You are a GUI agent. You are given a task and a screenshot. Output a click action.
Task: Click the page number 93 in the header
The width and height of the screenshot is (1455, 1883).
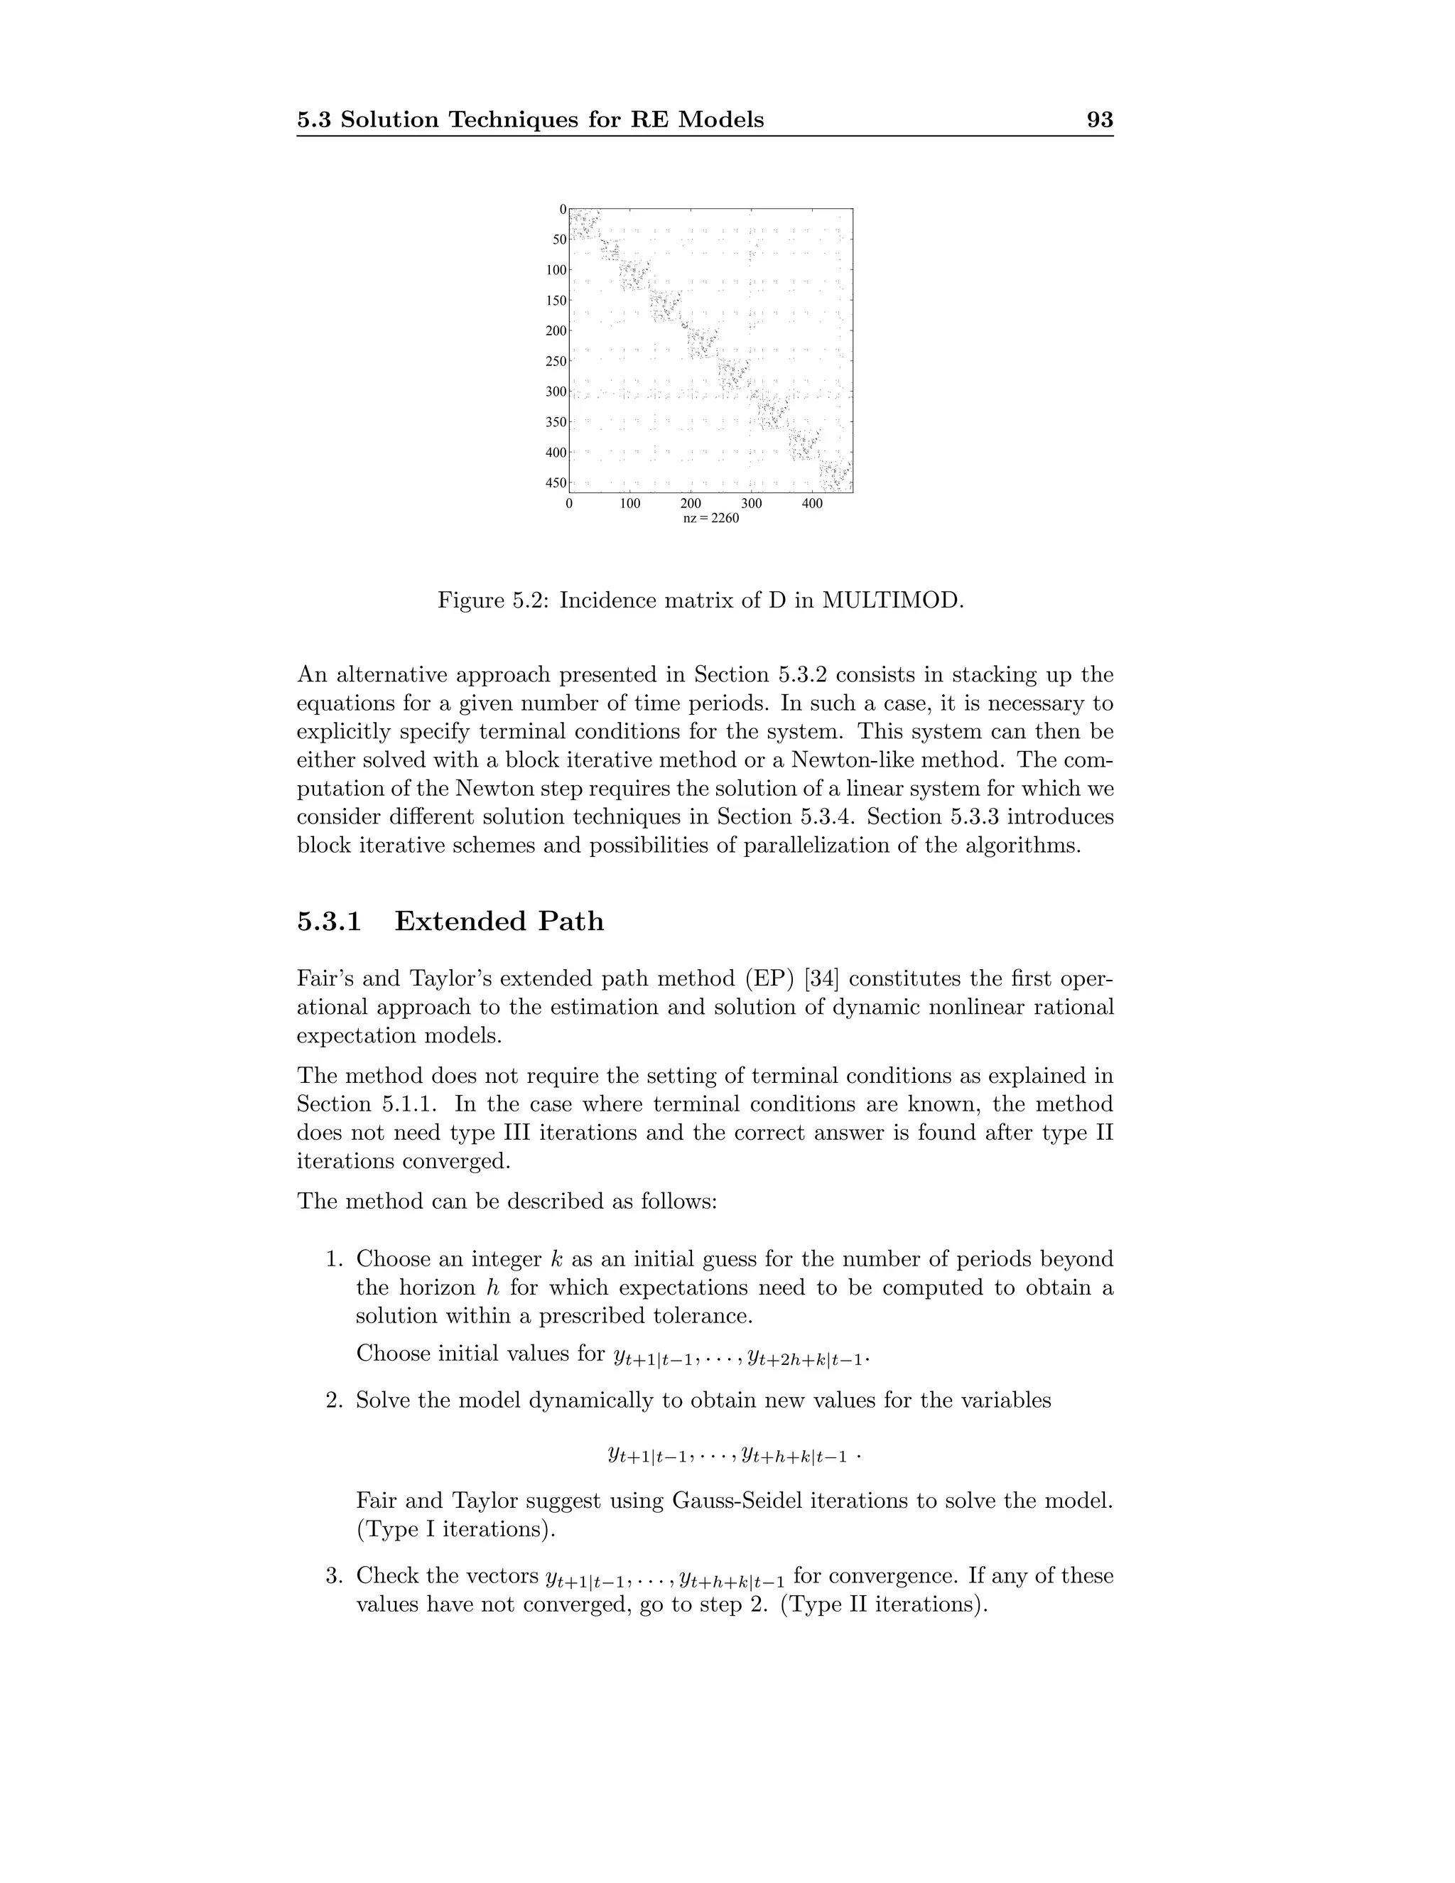1100,120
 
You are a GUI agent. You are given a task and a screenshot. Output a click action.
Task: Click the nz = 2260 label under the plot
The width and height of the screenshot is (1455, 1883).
710,519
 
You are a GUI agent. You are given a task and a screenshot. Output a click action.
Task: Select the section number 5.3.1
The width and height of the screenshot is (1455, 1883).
328,922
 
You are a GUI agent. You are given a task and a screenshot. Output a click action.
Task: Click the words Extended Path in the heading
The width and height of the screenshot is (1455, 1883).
499,922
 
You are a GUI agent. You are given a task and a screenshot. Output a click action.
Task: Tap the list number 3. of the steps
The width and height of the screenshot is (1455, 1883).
335,1576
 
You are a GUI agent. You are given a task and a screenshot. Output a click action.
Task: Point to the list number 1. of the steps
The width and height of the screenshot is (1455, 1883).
335,1260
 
